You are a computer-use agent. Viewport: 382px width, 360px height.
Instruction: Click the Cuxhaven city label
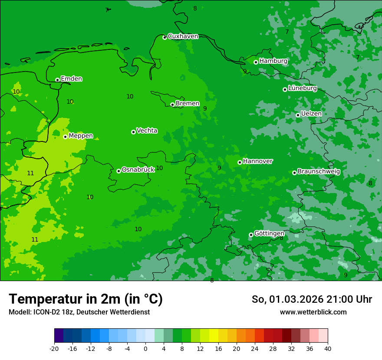point(183,36)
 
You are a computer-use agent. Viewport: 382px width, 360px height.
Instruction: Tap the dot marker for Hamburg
point(256,62)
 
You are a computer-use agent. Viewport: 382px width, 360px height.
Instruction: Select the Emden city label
point(71,79)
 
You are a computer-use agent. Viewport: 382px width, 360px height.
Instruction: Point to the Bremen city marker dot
point(172,105)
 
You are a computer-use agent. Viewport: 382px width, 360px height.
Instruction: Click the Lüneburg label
point(302,88)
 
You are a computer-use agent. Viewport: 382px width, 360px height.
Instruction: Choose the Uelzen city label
point(311,114)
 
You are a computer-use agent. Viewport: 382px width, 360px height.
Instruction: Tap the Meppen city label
point(81,136)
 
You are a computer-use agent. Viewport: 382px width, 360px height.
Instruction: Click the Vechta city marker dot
point(133,132)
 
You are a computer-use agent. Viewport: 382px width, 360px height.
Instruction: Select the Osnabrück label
point(138,170)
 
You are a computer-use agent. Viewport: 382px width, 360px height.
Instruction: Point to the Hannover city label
point(258,161)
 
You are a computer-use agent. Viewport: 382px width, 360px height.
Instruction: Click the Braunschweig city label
point(319,172)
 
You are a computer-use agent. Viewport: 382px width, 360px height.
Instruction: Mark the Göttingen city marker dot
point(251,235)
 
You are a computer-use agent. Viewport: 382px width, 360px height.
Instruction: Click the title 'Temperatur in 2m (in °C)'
point(86,299)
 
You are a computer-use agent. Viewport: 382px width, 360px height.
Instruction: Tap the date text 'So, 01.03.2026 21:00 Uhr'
point(312,299)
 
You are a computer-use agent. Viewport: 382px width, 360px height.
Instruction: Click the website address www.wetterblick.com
point(313,312)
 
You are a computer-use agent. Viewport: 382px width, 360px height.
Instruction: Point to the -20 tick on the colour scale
point(54,349)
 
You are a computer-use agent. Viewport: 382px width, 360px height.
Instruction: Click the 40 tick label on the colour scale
point(328,349)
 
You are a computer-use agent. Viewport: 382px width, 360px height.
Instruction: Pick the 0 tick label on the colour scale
point(145,349)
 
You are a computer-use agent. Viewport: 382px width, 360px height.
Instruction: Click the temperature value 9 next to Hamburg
point(245,72)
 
